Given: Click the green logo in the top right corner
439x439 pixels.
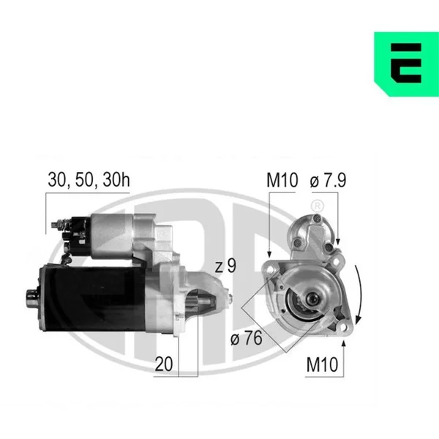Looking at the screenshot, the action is pyautogui.click(x=407, y=64).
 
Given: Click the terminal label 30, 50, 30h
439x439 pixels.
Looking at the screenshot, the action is pyautogui.click(x=89, y=179).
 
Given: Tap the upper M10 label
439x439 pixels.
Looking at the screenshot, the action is pyautogui.click(x=282, y=180).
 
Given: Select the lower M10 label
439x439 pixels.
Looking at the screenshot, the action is pyautogui.click(x=322, y=364).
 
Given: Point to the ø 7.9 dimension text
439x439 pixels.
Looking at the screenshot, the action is pyautogui.click(x=328, y=180).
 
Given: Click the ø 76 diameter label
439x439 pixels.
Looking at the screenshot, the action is pyautogui.click(x=247, y=338).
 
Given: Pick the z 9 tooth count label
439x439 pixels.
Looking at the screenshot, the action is pyautogui.click(x=225, y=266).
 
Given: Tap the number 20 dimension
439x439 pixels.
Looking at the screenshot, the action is pyautogui.click(x=164, y=364).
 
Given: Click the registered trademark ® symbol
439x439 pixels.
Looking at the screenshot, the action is pyautogui.click(x=318, y=206).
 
